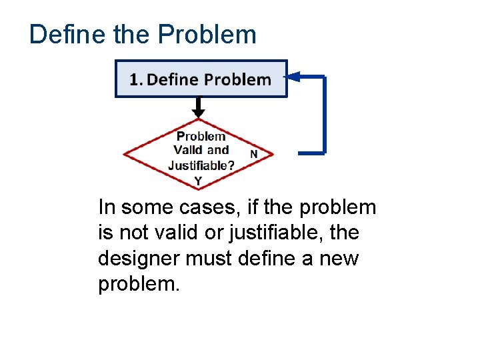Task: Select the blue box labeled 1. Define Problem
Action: point(201,79)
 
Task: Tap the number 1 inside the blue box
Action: point(135,80)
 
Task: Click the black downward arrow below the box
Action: point(198,107)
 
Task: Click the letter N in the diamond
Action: point(253,154)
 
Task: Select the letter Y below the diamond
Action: point(198,181)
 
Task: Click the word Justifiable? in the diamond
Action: point(201,165)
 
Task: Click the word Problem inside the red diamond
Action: point(201,137)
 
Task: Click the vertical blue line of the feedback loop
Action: point(324,115)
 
